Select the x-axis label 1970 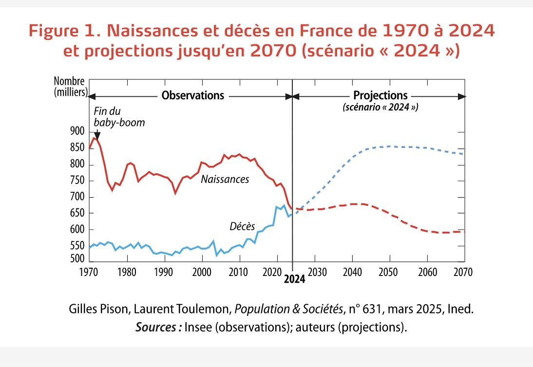pyautogui.click(x=90, y=272)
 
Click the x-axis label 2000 pyautogui.click(x=202, y=272)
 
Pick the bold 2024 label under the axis pyautogui.click(x=294, y=279)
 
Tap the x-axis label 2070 pyautogui.click(x=463, y=272)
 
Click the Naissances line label pyautogui.click(x=225, y=180)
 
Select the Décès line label pyautogui.click(x=242, y=226)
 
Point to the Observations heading pyautogui.click(x=193, y=95)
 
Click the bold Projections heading pyautogui.click(x=380, y=95)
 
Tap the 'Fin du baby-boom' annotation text pyautogui.click(x=119, y=116)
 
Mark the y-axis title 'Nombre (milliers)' pyautogui.click(x=70, y=87)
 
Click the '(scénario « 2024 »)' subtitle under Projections pyautogui.click(x=381, y=107)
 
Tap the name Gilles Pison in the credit pyautogui.click(x=96, y=309)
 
